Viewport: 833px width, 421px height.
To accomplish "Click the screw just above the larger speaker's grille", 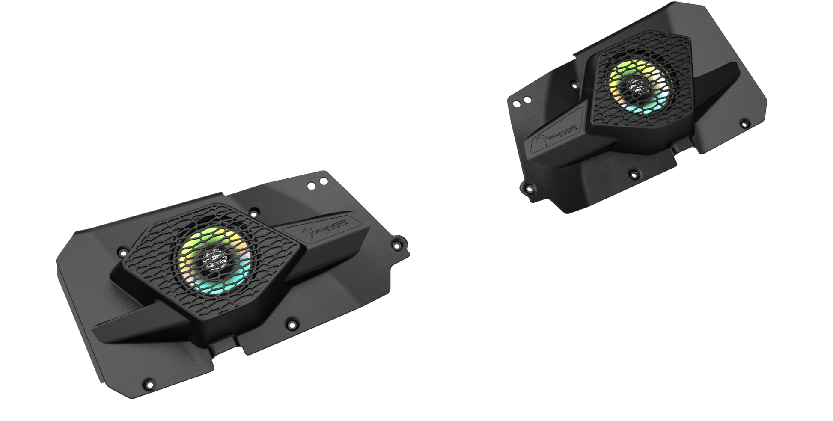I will click(254, 213).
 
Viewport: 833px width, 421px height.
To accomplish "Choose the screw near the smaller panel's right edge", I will click(744, 123).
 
